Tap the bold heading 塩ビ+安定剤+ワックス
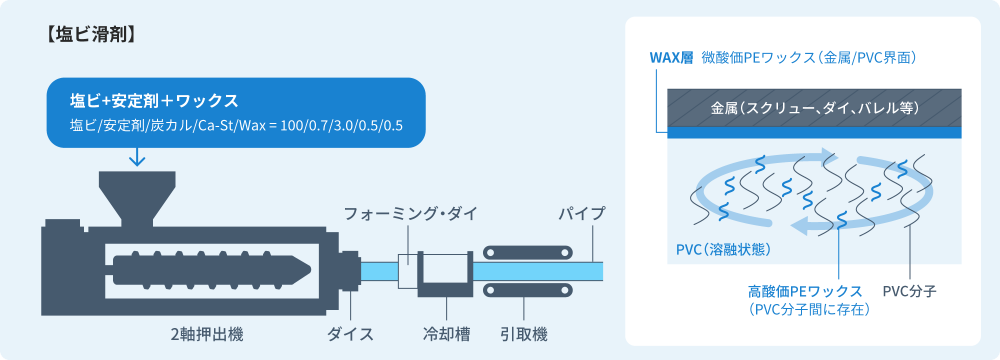[x=153, y=101]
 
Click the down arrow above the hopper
[x=137, y=156]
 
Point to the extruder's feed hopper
[x=138, y=196]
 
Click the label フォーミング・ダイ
[x=410, y=214]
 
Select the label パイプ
[x=581, y=214]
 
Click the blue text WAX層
[x=671, y=58]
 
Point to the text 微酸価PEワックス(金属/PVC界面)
[x=810, y=58]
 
